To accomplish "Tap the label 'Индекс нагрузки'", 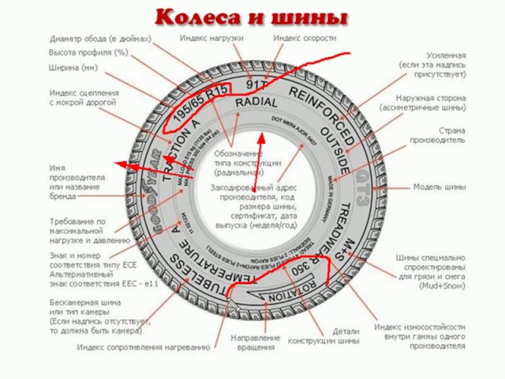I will coord(211,38).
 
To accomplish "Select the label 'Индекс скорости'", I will coord(305,38).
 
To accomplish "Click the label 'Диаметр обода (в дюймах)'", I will coord(100,38).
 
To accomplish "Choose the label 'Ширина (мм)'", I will coord(73,67).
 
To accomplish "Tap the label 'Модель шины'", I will coord(442,188).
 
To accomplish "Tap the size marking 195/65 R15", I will coord(199,103).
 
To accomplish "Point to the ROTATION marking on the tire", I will coord(286,298).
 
